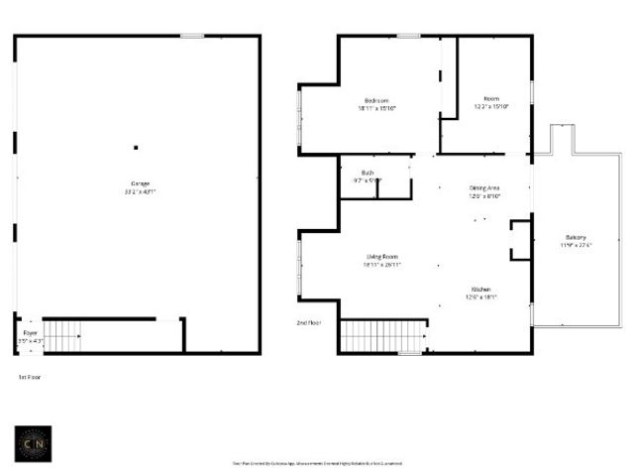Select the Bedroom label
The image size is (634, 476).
point(376,100)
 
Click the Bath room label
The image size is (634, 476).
point(367,173)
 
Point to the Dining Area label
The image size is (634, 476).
point(484,187)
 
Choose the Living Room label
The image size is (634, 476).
point(381,258)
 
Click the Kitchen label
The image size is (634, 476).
point(480,290)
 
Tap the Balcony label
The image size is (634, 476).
point(576,237)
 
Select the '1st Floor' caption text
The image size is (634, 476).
point(30,378)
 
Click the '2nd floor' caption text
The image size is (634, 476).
point(309,323)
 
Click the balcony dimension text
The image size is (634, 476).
point(576,245)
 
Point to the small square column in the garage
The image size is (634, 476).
point(136,148)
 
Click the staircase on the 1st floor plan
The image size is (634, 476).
point(64,337)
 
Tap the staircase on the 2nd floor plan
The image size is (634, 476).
point(381,336)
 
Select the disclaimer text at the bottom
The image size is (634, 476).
point(317,463)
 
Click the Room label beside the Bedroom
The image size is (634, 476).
point(490,99)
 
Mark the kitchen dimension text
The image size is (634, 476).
point(480,297)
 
